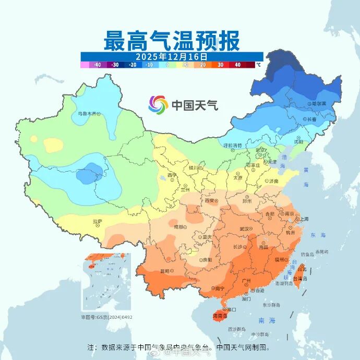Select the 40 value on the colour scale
click(x=238, y=65)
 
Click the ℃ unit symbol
click(x=258, y=65)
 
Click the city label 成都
click(x=178, y=226)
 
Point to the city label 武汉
click(x=244, y=229)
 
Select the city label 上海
click(x=302, y=219)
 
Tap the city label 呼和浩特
click(x=233, y=145)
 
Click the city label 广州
click(x=248, y=281)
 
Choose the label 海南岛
click(x=221, y=316)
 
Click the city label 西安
click(x=210, y=200)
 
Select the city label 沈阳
click(x=298, y=141)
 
